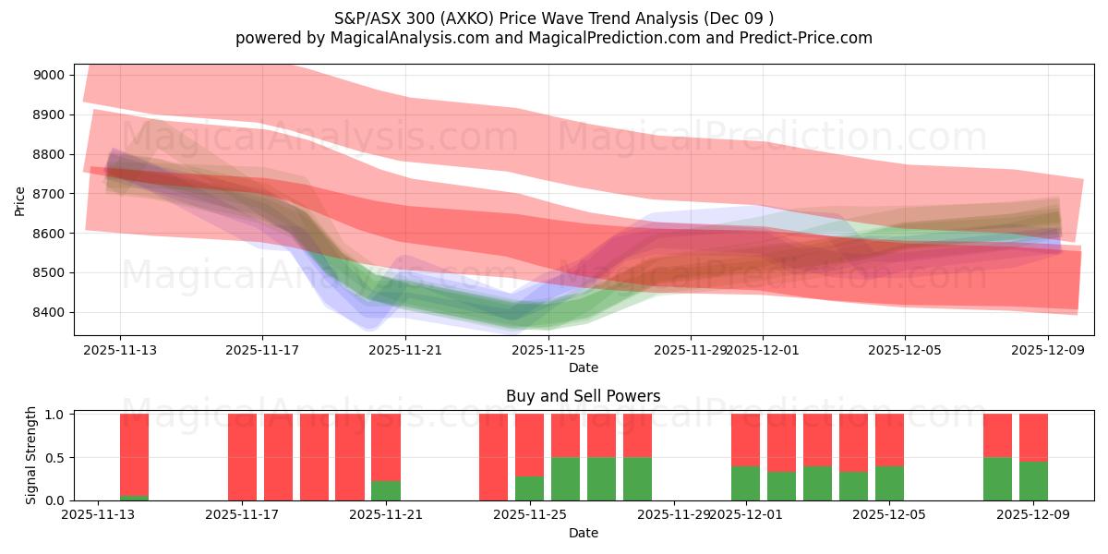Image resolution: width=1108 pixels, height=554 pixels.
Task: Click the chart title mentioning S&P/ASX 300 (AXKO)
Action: [553, 18]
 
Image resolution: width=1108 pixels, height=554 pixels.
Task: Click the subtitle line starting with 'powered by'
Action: [553, 38]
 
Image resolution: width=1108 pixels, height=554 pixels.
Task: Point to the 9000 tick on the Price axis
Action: [49, 75]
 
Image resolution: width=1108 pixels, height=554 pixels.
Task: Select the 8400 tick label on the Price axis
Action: [49, 312]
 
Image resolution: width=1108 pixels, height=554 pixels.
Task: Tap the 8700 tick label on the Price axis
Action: [49, 194]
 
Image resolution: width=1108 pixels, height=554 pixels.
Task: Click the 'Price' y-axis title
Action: [20, 199]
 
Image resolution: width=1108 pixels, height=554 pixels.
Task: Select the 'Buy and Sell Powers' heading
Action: [583, 396]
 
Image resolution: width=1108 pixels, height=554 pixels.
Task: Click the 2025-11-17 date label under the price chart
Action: [262, 350]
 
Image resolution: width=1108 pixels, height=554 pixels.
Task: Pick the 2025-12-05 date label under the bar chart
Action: [889, 514]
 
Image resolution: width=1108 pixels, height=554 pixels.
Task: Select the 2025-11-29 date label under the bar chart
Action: [674, 514]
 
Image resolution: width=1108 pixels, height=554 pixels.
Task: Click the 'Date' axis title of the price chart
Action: [583, 367]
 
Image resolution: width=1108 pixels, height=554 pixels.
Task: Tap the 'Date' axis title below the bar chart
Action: [583, 533]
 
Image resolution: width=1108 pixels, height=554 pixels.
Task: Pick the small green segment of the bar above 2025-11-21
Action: [386, 490]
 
